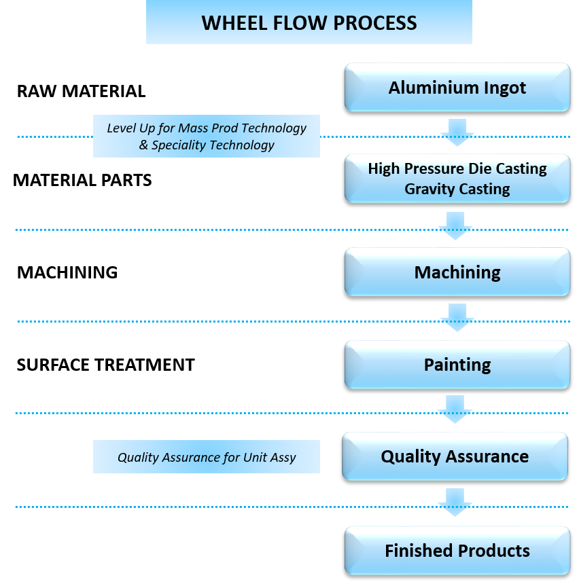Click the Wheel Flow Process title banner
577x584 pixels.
tap(309, 22)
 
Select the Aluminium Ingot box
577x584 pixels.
tap(457, 88)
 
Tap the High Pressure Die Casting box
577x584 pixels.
tap(457, 178)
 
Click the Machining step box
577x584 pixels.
tap(457, 272)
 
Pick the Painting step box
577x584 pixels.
tap(457, 365)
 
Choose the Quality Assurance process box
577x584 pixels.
tap(455, 456)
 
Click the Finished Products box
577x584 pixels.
tap(457, 550)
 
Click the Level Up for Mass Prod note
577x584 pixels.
tap(206, 136)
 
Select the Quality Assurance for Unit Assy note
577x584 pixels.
tap(206, 457)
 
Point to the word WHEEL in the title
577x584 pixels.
tap(230, 23)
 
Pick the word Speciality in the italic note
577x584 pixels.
tap(179, 145)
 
